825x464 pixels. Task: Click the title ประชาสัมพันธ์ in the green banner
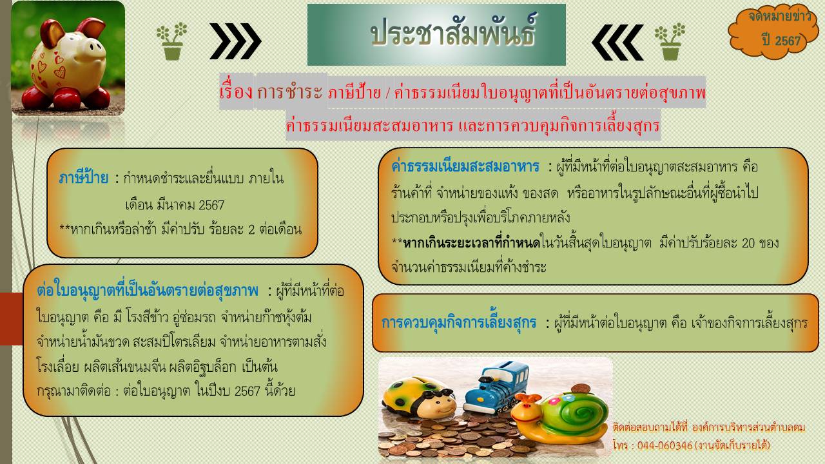453,32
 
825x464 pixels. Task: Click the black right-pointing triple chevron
236,41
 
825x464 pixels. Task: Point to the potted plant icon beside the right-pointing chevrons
172,41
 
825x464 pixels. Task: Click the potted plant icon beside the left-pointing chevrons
670,41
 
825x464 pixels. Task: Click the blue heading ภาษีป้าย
84,179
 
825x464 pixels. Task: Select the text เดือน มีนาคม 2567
175,205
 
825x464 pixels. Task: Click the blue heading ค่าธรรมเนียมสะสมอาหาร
465,167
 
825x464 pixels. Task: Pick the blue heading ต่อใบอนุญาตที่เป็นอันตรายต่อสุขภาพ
148,291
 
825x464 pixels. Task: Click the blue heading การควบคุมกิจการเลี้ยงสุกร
459,323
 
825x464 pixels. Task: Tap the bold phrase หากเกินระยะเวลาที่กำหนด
471,243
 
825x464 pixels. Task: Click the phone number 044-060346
665,445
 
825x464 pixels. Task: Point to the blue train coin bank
496,386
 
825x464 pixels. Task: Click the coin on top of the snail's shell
581,389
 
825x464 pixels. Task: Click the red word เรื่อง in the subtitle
236,92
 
